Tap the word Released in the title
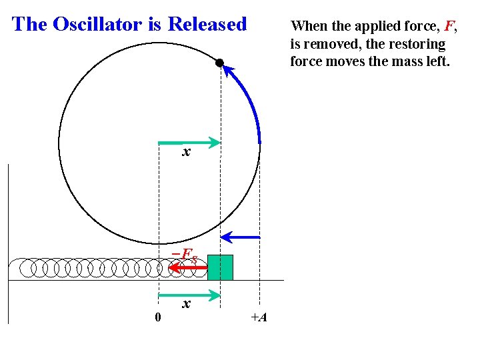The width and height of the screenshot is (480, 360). click(x=207, y=25)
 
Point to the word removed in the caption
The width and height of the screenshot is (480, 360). click(x=324, y=45)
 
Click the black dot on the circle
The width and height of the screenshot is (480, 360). click(x=219, y=63)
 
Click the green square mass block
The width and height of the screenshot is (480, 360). click(x=220, y=267)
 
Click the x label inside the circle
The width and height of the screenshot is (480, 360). click(x=187, y=153)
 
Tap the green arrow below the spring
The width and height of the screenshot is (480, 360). click(x=189, y=294)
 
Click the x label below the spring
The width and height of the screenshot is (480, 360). click(x=187, y=305)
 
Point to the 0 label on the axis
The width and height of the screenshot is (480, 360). click(x=157, y=317)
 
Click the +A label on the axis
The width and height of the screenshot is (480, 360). click(x=259, y=317)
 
